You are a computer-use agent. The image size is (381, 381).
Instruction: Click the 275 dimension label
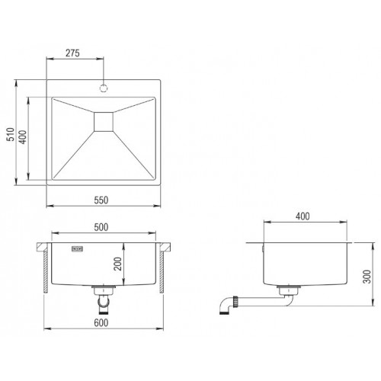coord(72,53)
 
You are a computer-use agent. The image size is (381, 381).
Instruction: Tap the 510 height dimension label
coord(11,134)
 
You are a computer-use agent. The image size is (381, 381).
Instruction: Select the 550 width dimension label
coord(101,200)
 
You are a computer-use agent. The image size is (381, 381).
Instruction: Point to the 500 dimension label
coord(101,227)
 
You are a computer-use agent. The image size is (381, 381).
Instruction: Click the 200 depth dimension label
coord(117,264)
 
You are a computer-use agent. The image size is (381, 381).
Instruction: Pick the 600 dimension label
coord(101,323)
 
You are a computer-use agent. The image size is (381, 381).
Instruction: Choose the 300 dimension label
coord(367,277)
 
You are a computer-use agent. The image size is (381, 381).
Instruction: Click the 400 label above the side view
coord(303,216)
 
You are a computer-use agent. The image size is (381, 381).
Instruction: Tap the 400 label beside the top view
coord(23,137)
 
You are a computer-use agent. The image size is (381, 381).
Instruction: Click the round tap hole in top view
coord(104,88)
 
